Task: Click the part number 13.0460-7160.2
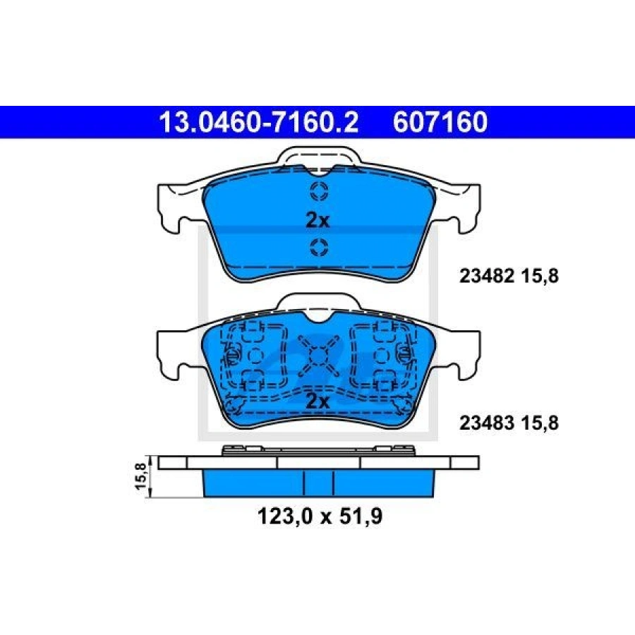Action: pyautogui.click(x=259, y=122)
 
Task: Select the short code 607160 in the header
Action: pyautogui.click(x=440, y=122)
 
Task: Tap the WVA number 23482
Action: pyautogui.click(x=487, y=276)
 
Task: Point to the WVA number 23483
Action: pyautogui.click(x=487, y=423)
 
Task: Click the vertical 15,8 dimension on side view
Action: pyautogui.click(x=140, y=477)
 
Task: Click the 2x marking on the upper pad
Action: pyautogui.click(x=317, y=221)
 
